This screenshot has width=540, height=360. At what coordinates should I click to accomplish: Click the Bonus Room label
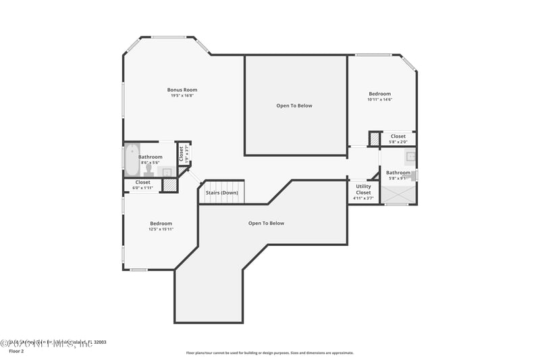182,90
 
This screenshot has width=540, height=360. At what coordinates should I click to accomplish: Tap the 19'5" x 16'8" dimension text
182,96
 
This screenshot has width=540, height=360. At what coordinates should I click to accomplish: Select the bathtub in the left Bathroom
131,159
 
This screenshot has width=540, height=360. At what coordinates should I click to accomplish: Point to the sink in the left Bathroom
166,172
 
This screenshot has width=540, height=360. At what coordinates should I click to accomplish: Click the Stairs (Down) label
222,192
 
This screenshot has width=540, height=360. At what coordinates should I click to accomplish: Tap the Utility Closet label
363,189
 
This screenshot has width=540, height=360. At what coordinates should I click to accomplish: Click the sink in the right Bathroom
410,157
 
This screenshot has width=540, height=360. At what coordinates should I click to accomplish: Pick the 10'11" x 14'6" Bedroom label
380,94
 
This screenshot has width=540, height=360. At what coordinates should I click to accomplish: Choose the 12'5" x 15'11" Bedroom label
161,224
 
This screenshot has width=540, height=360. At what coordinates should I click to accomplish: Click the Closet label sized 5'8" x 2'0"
398,136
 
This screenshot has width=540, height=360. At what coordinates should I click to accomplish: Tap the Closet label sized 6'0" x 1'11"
142,182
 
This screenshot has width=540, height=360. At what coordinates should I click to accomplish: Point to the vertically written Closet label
181,153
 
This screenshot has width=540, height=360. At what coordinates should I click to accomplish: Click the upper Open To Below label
294,105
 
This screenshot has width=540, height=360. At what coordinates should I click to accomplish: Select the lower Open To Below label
266,223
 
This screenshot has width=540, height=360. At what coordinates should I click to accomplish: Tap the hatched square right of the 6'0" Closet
170,184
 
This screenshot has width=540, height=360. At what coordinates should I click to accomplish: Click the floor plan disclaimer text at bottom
270,353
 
